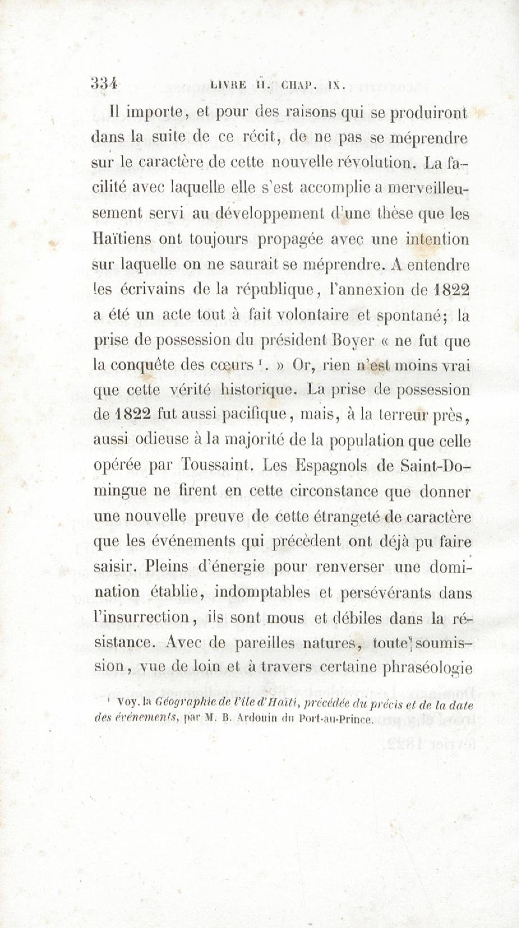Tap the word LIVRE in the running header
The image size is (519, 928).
point(228,85)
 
